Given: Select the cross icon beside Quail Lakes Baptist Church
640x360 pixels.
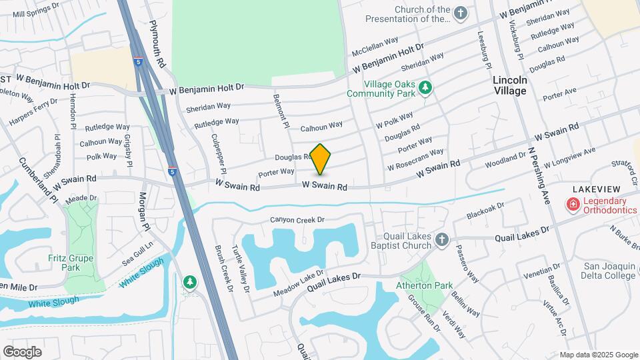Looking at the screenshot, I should coord(441,239).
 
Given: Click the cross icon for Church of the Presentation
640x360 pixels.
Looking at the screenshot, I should coord(460,13).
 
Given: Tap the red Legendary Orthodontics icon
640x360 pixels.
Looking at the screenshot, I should coord(572,205).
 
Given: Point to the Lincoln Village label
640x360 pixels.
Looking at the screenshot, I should coord(510,85).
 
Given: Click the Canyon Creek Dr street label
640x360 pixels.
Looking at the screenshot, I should coord(297,220).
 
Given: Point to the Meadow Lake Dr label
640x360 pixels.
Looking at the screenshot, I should coord(297,283).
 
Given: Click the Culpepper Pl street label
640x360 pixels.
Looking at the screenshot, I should coord(219,151).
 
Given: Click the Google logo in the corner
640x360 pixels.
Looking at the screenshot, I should coord(23,351).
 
